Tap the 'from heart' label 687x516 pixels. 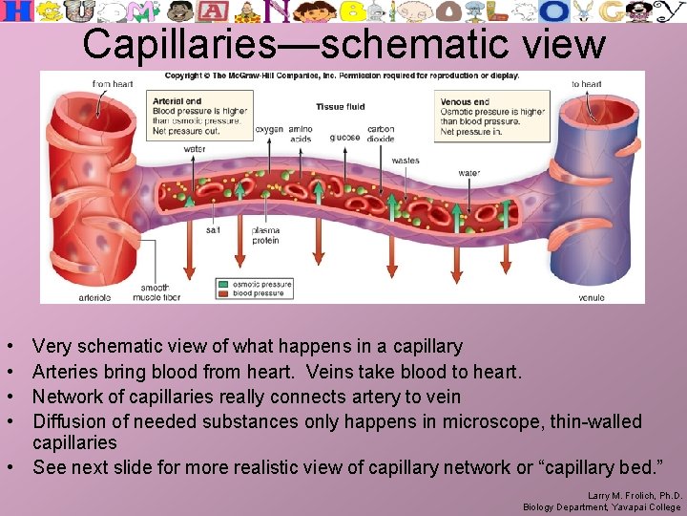(112, 84)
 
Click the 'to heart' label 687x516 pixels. (587, 84)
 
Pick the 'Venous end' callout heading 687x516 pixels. (465, 100)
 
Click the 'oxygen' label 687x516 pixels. (270, 128)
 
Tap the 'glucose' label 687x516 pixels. (344, 138)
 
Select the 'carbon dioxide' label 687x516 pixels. (381, 134)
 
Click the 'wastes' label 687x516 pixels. (406, 161)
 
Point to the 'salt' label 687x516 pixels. (214, 230)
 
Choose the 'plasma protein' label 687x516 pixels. (265, 235)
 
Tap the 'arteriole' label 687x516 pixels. (94, 297)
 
